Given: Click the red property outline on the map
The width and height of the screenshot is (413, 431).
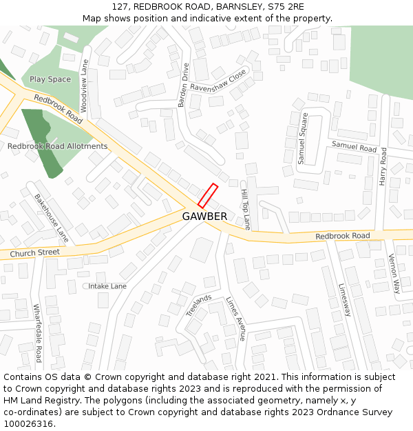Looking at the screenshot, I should (x=208, y=195).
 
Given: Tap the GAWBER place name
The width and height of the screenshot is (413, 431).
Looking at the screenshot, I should (x=204, y=217).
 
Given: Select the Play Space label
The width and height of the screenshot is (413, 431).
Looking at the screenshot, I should (x=50, y=79).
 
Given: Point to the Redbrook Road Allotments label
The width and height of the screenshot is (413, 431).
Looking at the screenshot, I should (x=57, y=146).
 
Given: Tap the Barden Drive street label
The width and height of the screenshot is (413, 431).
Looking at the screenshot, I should (x=183, y=86).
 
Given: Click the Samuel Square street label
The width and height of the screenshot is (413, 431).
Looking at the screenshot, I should (x=303, y=138).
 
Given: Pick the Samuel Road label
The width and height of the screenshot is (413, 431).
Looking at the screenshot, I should (x=354, y=146).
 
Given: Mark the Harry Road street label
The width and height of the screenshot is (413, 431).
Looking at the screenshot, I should (x=383, y=166).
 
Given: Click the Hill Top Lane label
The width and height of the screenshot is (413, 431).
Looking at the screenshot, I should (x=245, y=209).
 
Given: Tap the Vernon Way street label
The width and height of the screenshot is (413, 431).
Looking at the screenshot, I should (x=394, y=273).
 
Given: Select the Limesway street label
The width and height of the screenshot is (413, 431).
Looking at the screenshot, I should (x=345, y=300).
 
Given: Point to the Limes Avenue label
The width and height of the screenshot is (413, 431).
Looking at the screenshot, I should (x=236, y=319).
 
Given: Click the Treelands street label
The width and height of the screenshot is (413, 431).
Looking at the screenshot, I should (x=199, y=305).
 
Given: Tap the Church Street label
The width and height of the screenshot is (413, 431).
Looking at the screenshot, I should (x=34, y=253).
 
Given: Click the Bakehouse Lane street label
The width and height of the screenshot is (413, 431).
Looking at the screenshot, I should (x=52, y=217).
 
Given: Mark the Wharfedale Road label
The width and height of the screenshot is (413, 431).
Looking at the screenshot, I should (x=38, y=334).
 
